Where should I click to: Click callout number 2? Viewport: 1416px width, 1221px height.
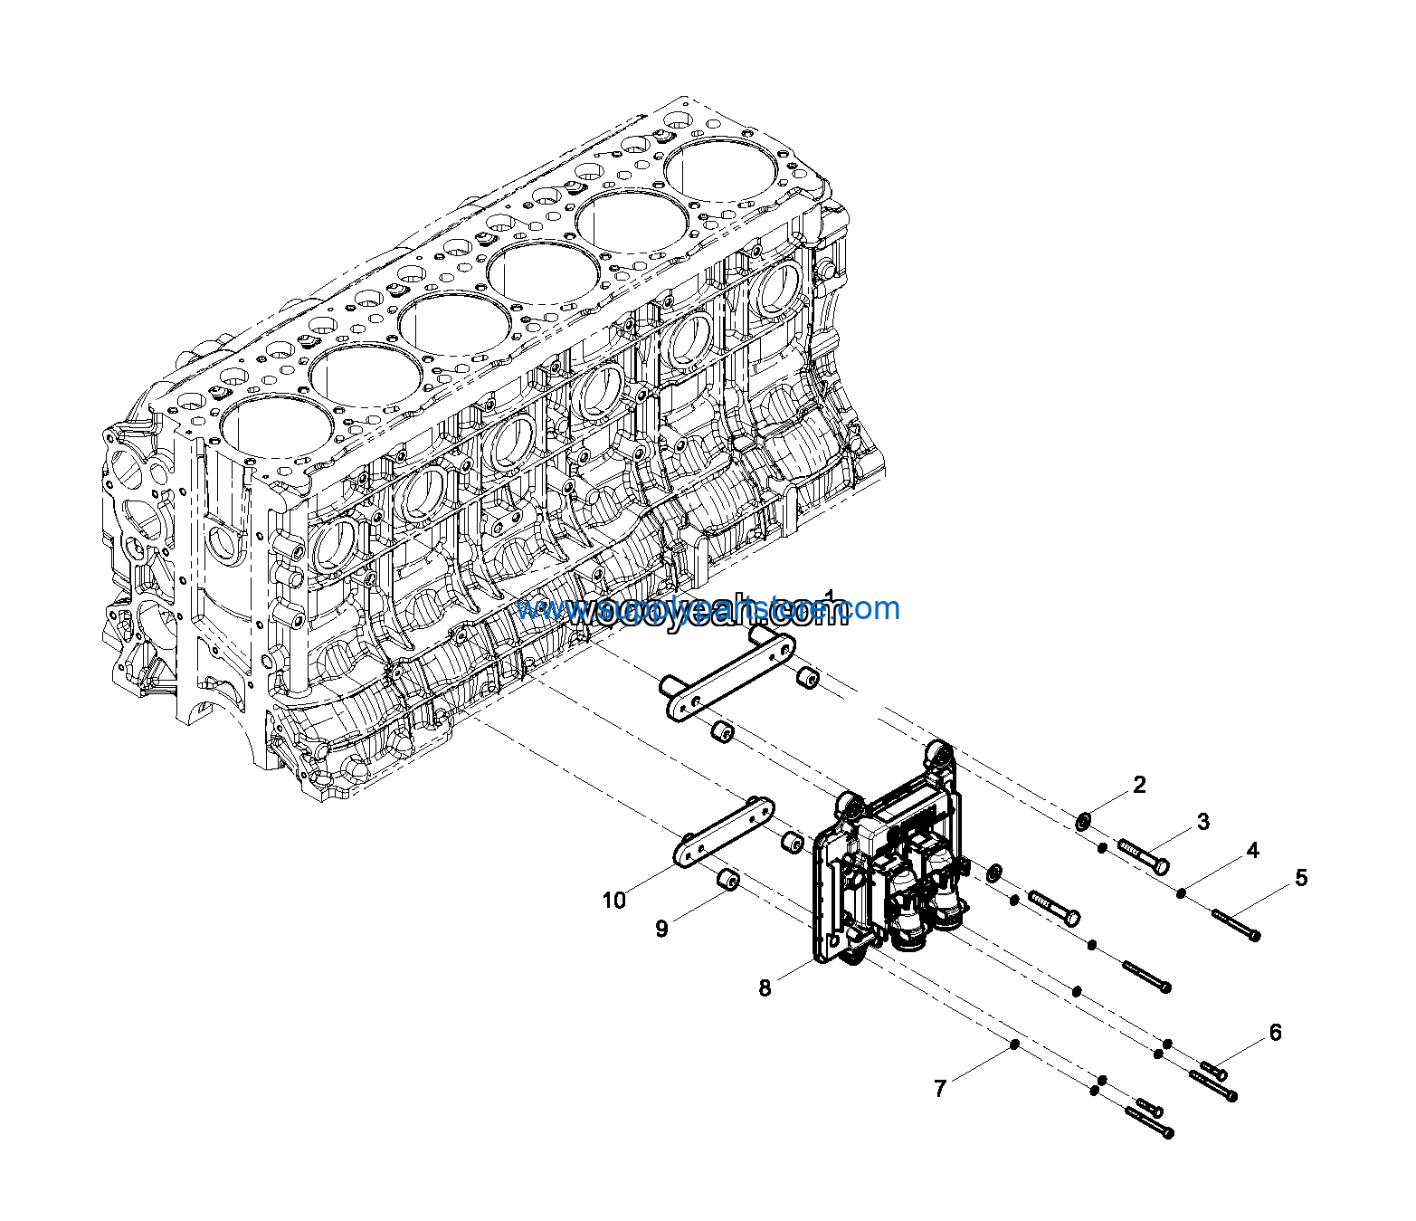click(x=1139, y=785)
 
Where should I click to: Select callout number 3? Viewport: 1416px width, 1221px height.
click(x=1202, y=822)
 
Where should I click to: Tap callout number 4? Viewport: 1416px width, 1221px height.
click(x=1252, y=851)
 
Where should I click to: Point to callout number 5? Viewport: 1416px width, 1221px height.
click(x=1301, y=878)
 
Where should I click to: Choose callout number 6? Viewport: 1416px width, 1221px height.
click(x=1275, y=1033)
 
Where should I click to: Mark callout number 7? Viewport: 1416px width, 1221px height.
click(x=940, y=1089)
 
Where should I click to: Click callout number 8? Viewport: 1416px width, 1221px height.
click(x=765, y=988)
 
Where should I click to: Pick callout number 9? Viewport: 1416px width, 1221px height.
click(x=661, y=929)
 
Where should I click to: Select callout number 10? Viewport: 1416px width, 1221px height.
click(x=613, y=901)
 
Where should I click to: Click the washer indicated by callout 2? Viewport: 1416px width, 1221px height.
click(x=1081, y=822)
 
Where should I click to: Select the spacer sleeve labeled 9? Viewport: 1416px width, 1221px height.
click(x=728, y=880)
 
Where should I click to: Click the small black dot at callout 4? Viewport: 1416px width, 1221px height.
click(x=1182, y=894)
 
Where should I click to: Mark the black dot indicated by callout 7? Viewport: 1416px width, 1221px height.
click(x=1014, y=1045)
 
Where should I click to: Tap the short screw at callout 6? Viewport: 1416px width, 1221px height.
click(x=1212, y=1071)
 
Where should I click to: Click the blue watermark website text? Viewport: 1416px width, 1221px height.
click(x=708, y=610)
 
